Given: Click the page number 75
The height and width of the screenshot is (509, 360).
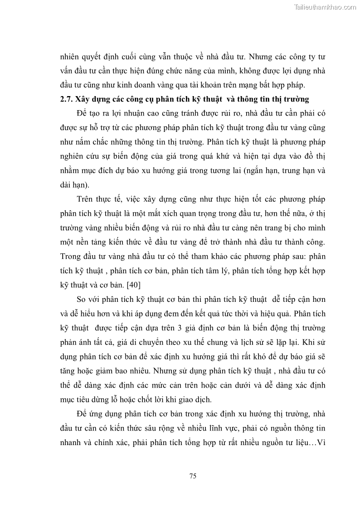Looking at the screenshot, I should [192, 475].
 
